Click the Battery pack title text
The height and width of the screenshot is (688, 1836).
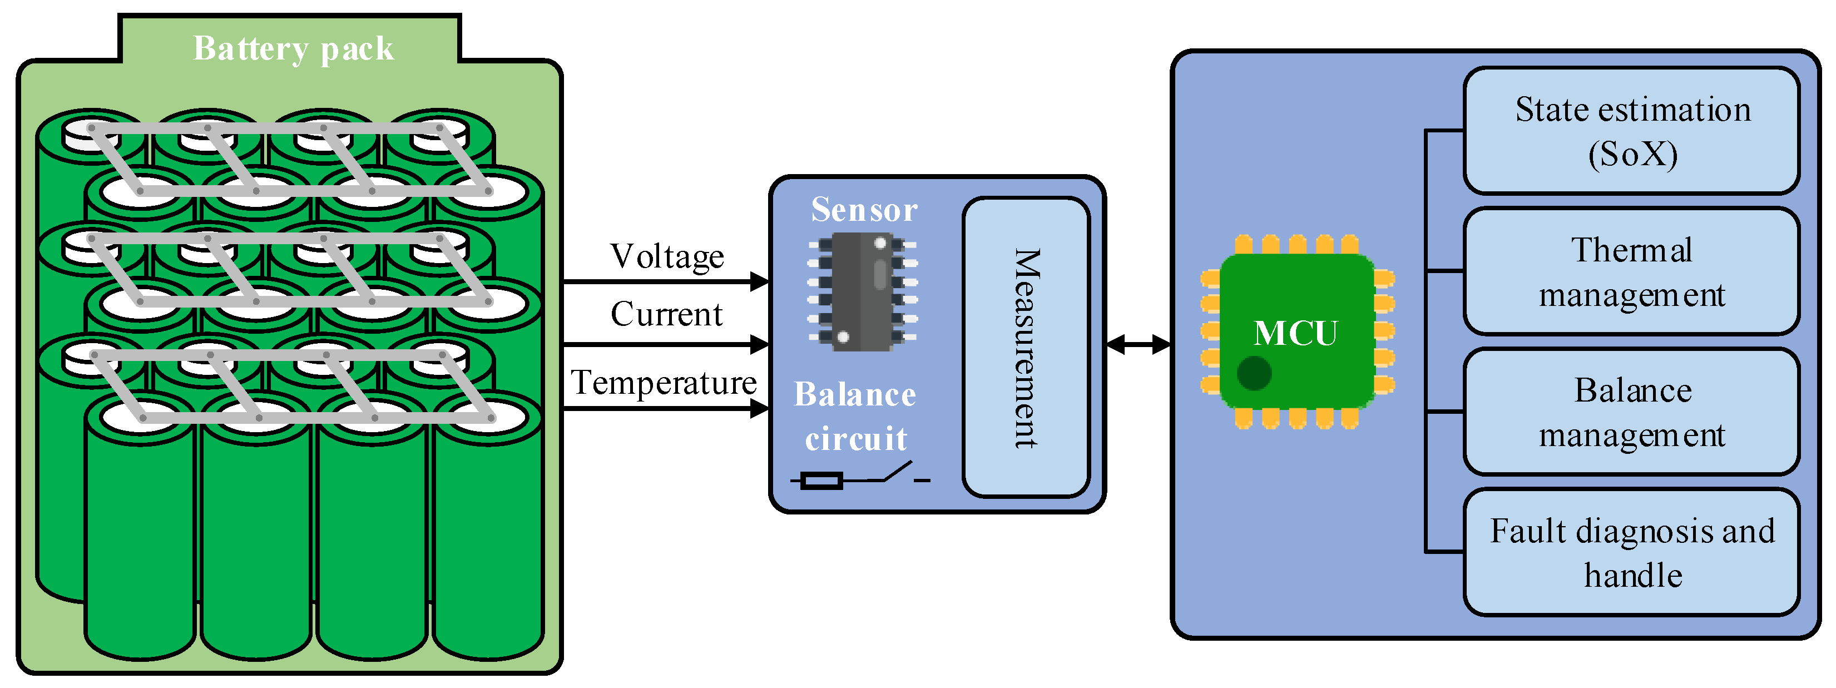(x=293, y=48)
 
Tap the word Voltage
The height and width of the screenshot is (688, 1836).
(x=667, y=256)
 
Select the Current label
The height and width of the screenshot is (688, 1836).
(x=666, y=314)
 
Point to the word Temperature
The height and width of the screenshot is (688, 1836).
(x=664, y=383)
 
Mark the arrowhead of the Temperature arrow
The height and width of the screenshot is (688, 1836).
(x=760, y=409)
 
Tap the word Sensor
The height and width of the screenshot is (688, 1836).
(x=864, y=210)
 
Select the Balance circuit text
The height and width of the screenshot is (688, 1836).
(x=855, y=417)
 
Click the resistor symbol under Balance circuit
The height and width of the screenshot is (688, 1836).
(x=821, y=481)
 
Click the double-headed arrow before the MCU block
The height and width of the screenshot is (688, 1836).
(x=1138, y=345)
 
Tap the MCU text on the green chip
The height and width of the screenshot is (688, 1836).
(x=1296, y=333)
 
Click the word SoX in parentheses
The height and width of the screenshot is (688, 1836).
(x=1633, y=154)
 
